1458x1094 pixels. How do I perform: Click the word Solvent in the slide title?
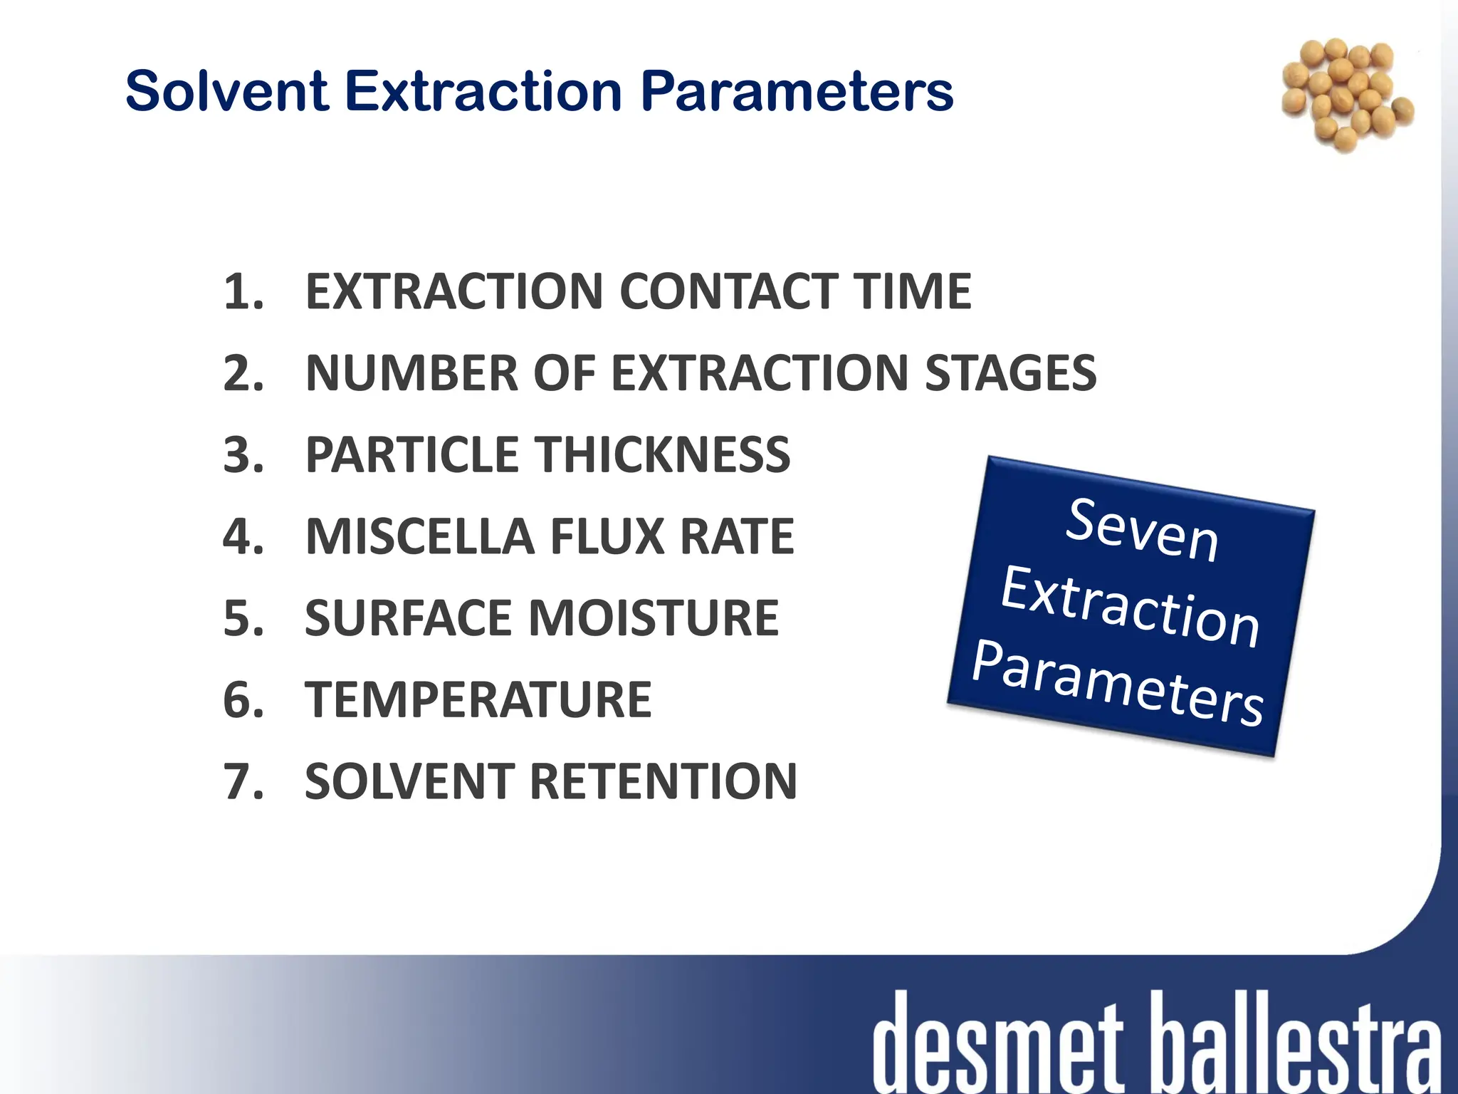(x=227, y=91)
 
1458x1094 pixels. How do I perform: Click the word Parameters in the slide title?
(x=797, y=91)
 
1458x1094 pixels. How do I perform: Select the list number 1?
(x=243, y=291)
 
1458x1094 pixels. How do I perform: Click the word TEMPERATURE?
(x=478, y=699)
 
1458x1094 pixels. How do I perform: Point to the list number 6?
(x=243, y=699)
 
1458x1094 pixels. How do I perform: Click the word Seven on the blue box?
(x=1142, y=530)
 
